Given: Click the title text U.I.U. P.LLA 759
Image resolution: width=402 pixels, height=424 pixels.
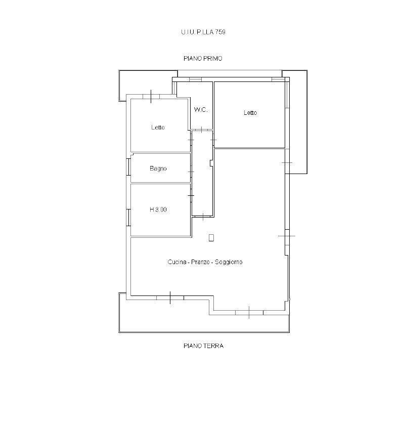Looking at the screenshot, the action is pos(203,32).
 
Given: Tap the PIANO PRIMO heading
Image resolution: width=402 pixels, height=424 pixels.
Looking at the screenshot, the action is pos(203,58).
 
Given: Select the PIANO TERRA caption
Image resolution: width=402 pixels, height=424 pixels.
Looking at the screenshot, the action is pos(203,346).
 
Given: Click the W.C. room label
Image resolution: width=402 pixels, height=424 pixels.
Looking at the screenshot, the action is pos(201,110).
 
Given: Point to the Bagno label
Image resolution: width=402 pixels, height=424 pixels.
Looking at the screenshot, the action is pos(158,168).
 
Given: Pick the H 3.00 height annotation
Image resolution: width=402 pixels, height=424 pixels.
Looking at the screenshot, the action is pos(158,209).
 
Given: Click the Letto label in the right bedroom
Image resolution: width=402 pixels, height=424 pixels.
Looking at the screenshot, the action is pos(250,113).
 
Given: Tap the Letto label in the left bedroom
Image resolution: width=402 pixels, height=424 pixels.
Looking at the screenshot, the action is pos(158,128).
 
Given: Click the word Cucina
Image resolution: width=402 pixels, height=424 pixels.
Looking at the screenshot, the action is pos(177,262).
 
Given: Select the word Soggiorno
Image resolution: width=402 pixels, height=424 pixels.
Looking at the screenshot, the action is pos(229,262).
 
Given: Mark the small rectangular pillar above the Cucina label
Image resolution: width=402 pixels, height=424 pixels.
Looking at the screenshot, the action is pos(211,238).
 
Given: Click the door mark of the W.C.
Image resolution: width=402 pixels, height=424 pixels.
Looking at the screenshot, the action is pos(202,130).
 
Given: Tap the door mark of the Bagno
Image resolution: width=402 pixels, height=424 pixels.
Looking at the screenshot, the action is pos(191,172).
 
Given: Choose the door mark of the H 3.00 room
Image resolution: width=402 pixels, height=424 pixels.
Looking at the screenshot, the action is pos(191,195).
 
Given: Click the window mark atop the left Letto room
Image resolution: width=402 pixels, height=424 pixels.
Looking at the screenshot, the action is pos(151,97).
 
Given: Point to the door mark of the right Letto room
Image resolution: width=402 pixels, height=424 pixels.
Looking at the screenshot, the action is pos(213,140).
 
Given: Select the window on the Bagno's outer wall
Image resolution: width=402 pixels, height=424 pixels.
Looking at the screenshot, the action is pos(128,167).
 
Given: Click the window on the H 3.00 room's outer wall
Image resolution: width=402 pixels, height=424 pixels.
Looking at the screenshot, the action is pos(128,218).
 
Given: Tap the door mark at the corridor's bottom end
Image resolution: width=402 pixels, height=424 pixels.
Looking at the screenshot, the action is pos(203,217).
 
